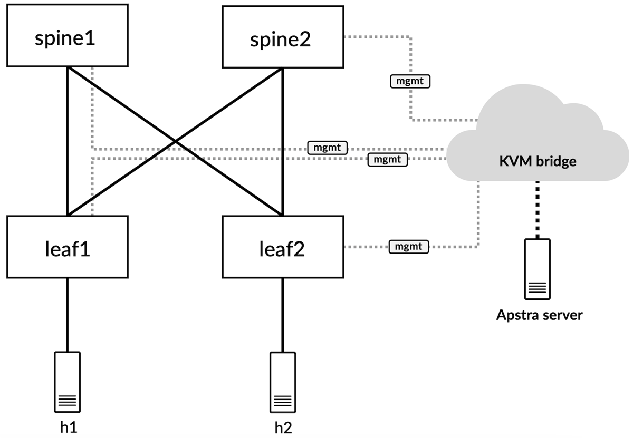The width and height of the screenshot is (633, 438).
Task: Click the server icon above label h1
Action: pyautogui.click(x=68, y=382)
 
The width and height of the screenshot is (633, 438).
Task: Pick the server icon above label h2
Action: pyautogui.click(x=283, y=382)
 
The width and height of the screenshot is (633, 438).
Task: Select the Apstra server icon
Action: pyautogui.click(x=538, y=269)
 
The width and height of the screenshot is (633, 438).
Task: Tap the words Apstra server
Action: pyautogui.click(x=539, y=316)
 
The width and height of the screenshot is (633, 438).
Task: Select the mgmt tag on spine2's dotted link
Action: pyautogui.click(x=410, y=82)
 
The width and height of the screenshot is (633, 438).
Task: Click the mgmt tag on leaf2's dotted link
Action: pyautogui.click(x=409, y=246)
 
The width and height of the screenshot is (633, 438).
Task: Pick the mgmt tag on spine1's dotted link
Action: pyautogui.click(x=328, y=148)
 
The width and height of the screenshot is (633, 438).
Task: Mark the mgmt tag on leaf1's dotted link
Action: pyautogui.click(x=388, y=159)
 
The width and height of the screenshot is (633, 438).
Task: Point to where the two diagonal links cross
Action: pyautogui.click(x=175, y=142)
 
